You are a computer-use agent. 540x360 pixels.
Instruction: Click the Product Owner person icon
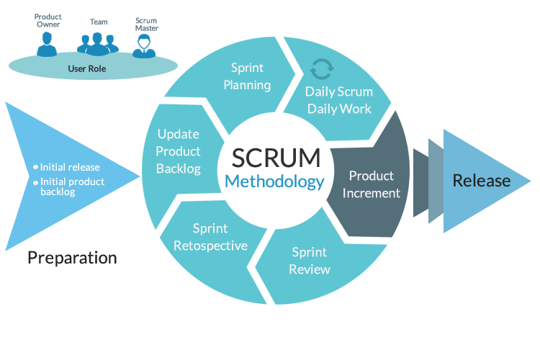tap(47, 45)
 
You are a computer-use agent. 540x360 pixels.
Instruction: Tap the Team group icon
tap(98, 44)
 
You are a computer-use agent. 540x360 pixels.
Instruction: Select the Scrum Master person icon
tap(144, 47)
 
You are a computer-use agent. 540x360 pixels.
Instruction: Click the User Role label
tap(87, 69)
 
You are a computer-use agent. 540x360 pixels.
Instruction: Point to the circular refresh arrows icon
tap(322, 69)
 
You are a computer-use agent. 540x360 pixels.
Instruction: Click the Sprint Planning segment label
tap(247, 76)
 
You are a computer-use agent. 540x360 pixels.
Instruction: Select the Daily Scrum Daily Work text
tap(339, 100)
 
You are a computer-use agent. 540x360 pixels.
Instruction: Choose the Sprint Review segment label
tap(310, 261)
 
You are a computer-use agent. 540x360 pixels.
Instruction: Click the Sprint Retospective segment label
tap(210, 237)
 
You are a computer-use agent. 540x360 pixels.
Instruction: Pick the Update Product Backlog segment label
tap(179, 151)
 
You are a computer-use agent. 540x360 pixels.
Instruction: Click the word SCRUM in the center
tap(276, 158)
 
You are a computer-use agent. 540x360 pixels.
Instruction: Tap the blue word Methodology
tap(274, 181)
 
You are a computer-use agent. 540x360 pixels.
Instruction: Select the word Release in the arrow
tap(482, 181)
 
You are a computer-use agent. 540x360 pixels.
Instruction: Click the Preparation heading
tap(72, 258)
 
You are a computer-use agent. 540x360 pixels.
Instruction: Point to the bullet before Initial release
tap(35, 167)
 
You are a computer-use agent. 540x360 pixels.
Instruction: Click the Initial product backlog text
tap(72, 186)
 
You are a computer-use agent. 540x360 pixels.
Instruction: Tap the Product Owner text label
tap(48, 20)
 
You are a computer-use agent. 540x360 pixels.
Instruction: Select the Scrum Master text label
tap(147, 24)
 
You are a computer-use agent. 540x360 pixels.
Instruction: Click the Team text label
tap(99, 22)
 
